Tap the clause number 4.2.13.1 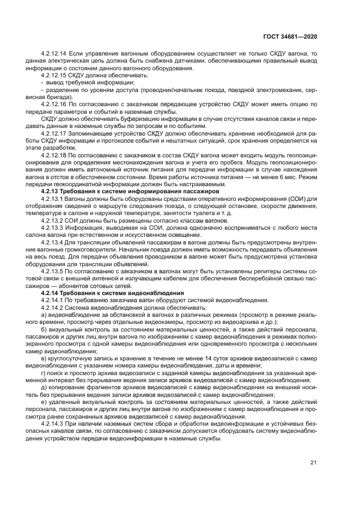pos(53,198)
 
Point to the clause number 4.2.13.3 pos(53,228)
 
